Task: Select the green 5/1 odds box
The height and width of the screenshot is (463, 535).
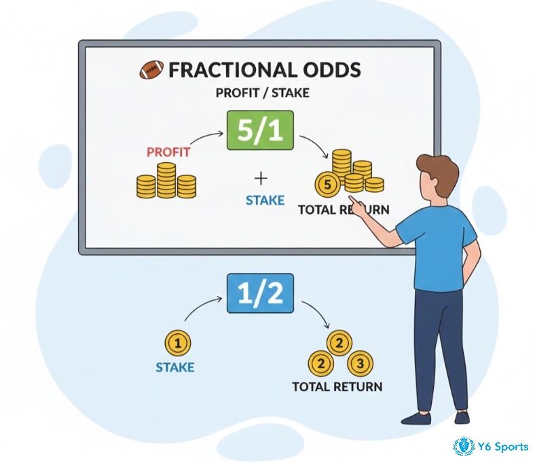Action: click(x=260, y=130)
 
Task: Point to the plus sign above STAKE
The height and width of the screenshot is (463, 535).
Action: click(x=261, y=178)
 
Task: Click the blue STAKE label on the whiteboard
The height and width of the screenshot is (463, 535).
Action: click(x=263, y=201)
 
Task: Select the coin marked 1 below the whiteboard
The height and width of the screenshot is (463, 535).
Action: click(x=178, y=344)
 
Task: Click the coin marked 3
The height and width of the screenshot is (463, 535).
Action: click(x=361, y=363)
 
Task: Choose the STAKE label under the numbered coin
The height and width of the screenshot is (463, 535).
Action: click(x=175, y=368)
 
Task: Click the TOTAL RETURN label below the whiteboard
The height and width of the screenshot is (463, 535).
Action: click(x=337, y=387)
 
